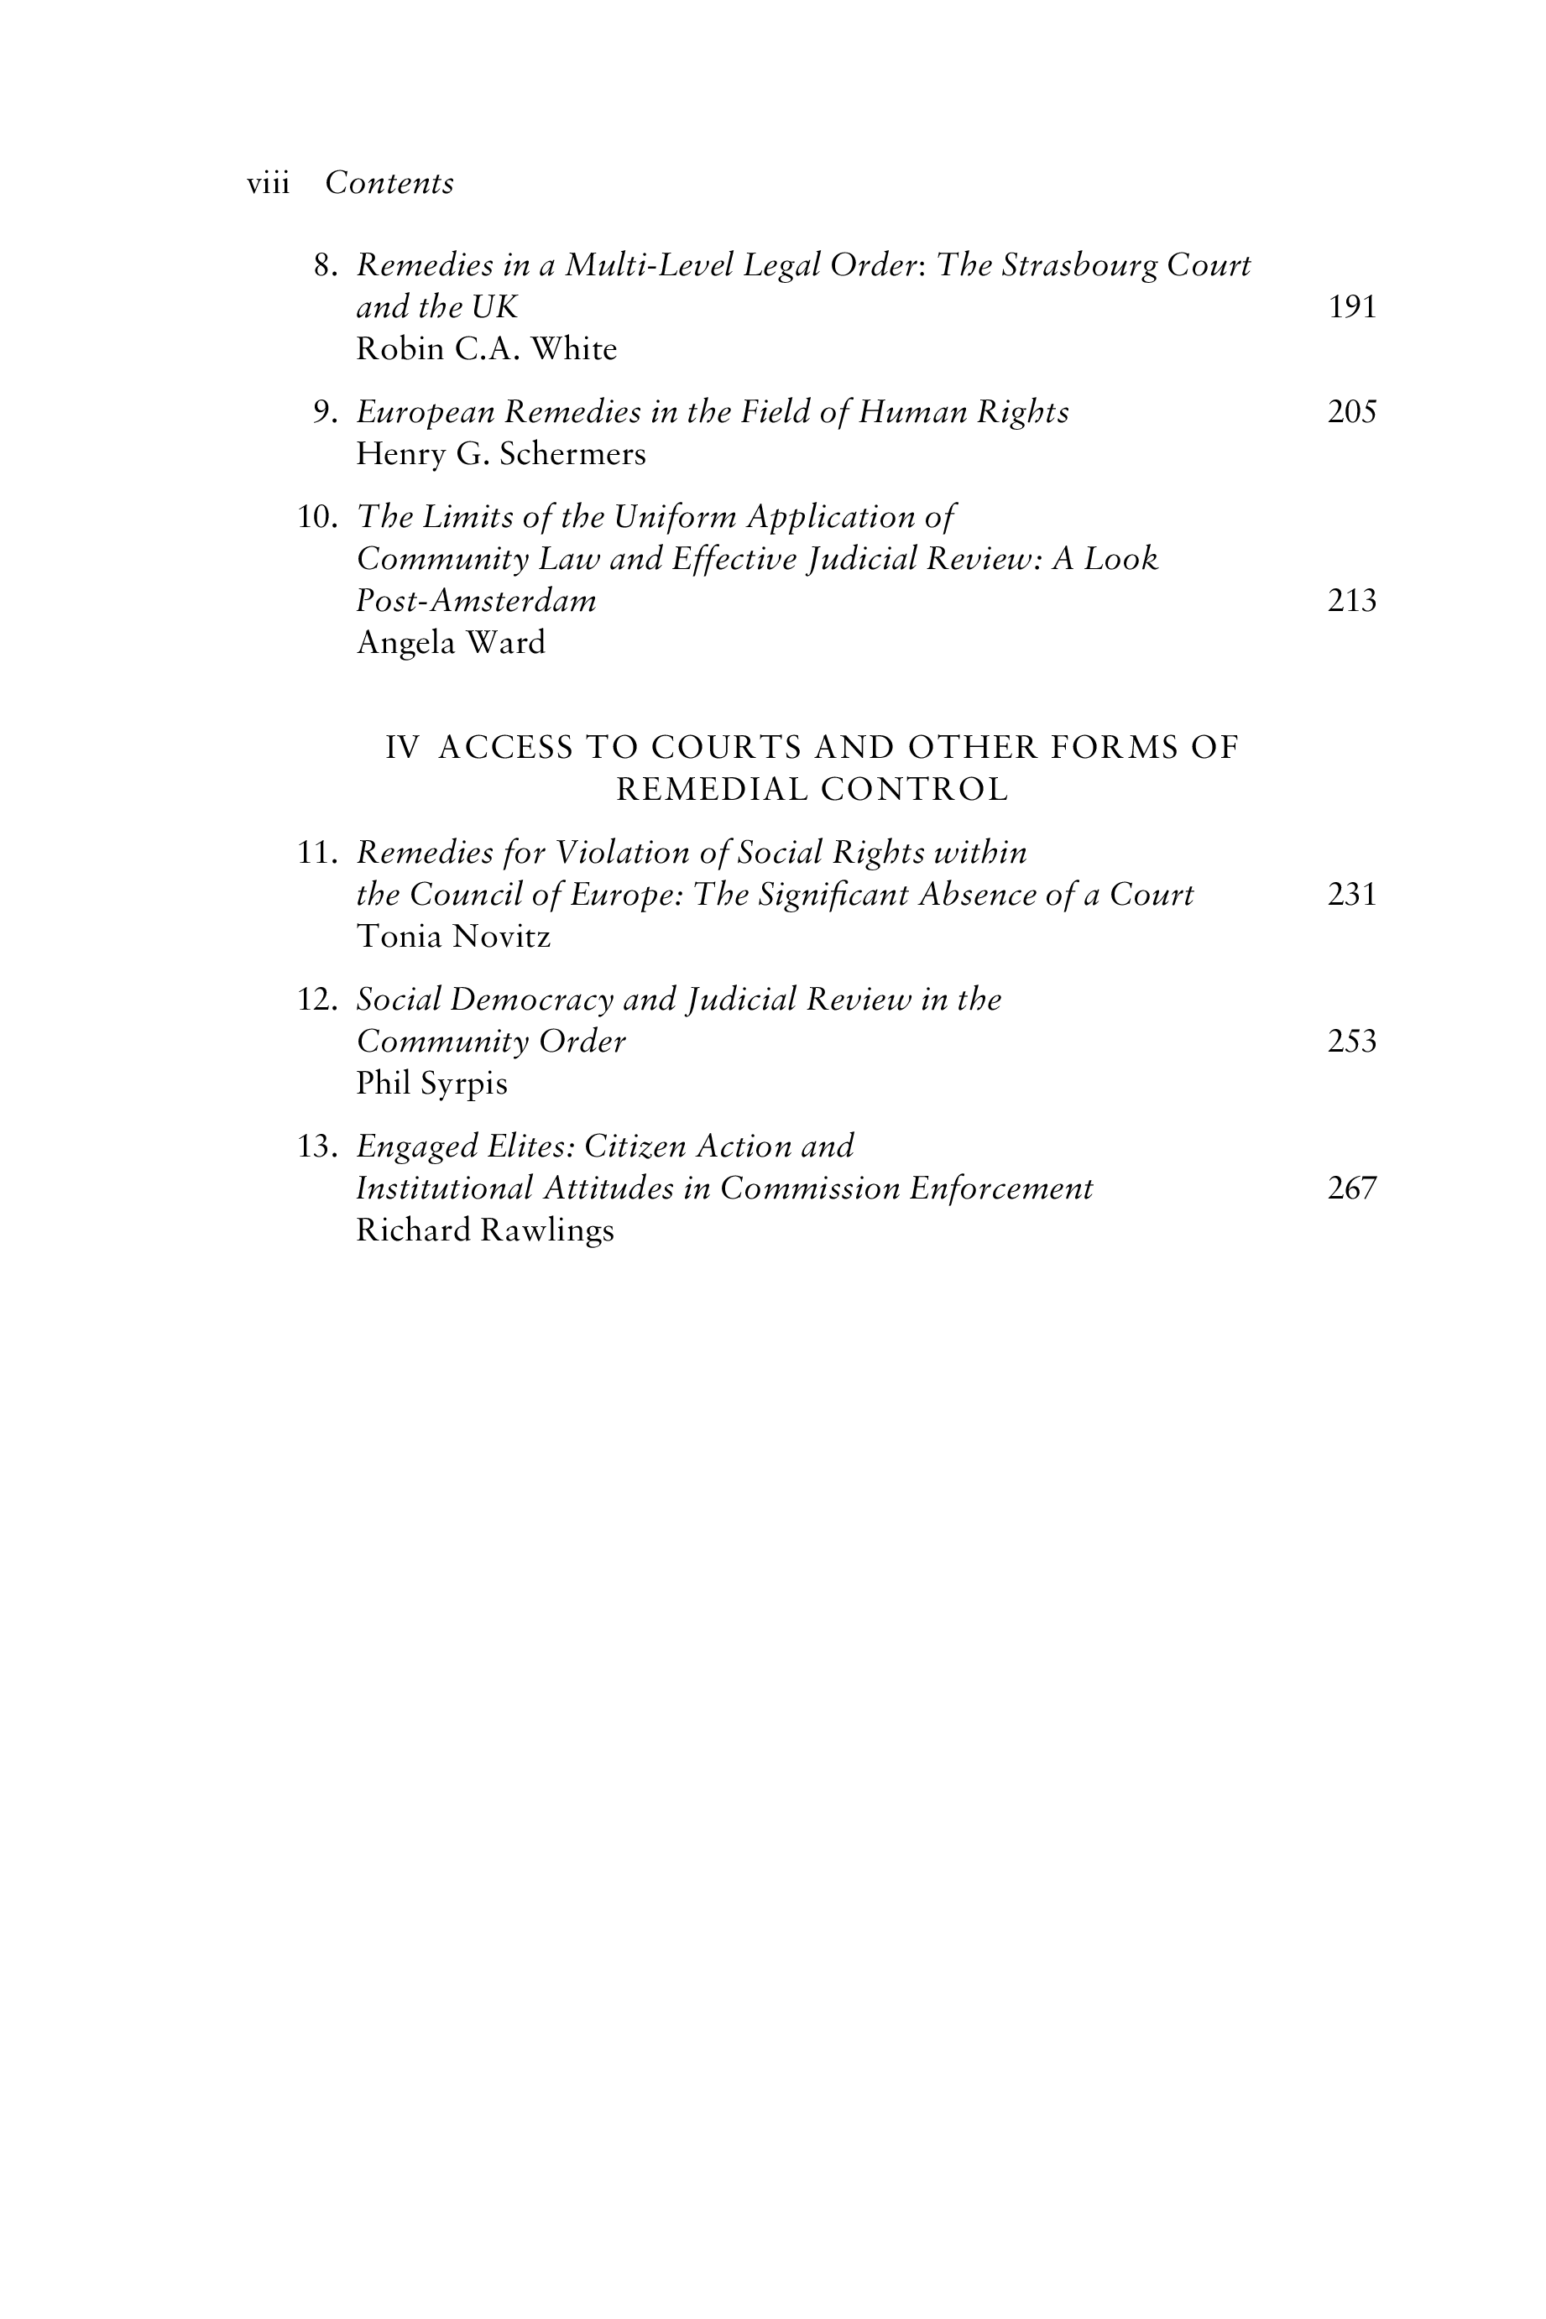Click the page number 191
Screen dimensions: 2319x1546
(x=1352, y=308)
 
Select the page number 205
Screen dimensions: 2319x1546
(x=1352, y=412)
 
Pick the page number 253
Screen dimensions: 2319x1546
(x=1352, y=1042)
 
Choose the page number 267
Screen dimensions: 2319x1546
(x=1352, y=1189)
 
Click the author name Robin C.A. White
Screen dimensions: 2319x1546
(x=486, y=350)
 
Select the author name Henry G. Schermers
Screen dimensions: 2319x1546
(x=501, y=455)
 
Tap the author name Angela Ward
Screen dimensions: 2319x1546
(x=451, y=644)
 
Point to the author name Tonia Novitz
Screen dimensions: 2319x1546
(x=453, y=937)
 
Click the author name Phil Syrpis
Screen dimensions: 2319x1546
(x=432, y=1084)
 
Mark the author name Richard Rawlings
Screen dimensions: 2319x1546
(x=485, y=1230)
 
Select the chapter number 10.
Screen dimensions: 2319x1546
(x=317, y=518)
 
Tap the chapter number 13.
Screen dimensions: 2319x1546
(x=317, y=1146)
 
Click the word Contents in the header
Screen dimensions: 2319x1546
(x=389, y=184)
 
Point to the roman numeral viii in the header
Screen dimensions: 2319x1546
(x=269, y=185)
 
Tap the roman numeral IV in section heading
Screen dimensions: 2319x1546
(x=401, y=749)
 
